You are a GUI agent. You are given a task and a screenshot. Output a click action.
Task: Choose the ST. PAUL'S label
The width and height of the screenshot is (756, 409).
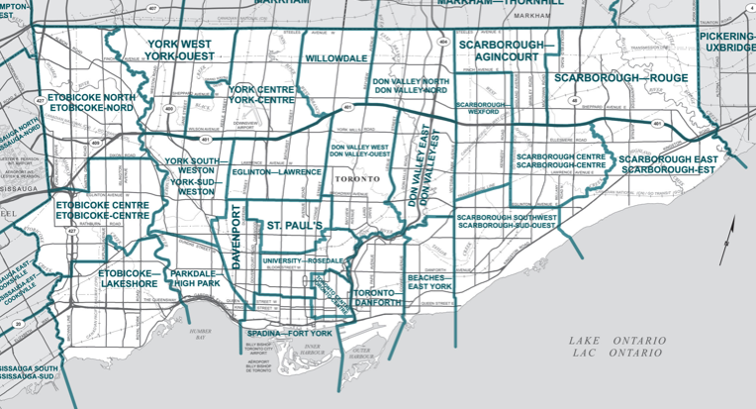(295, 227)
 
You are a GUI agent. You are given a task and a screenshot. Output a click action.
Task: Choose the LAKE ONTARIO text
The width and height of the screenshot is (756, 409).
(616, 341)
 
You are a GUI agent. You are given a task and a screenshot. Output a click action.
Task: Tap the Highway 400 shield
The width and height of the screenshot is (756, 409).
(168, 109)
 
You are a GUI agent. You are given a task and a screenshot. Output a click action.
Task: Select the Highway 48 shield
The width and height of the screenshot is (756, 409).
(574, 99)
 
